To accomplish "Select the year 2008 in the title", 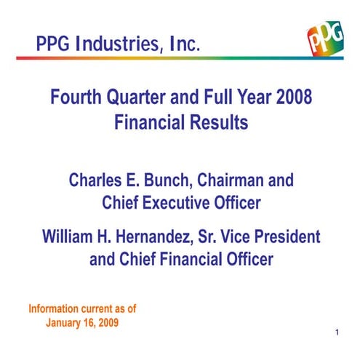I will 295,98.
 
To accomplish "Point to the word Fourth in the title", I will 76,98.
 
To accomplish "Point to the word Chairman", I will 236,179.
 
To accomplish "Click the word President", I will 288,237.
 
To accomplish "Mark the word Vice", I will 239,237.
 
